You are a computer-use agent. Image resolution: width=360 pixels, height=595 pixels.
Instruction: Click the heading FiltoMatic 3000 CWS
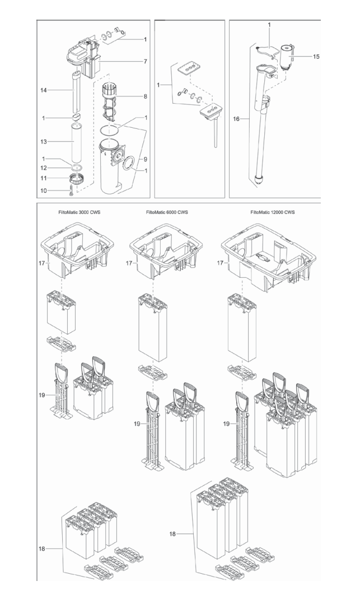coord(78,212)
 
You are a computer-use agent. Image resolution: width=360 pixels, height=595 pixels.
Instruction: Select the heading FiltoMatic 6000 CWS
coord(167,212)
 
